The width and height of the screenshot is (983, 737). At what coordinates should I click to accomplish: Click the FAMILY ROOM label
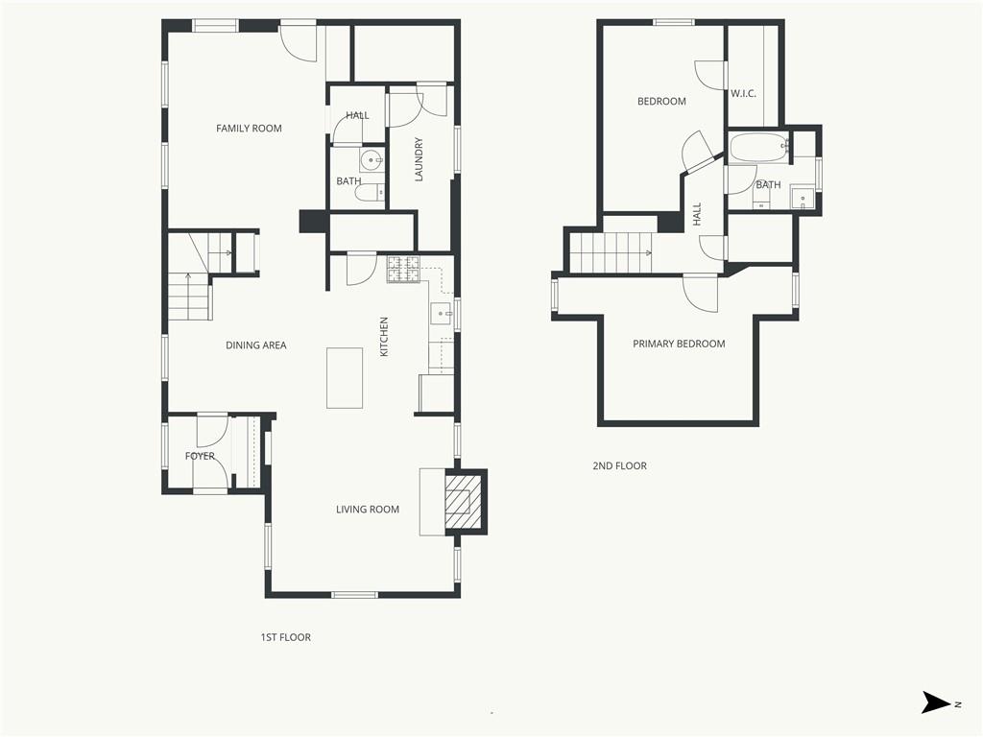249,129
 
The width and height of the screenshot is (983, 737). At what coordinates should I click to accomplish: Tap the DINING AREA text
255,345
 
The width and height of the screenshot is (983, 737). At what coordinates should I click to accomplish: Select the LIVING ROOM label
368,510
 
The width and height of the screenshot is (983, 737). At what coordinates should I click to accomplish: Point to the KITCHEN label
384,337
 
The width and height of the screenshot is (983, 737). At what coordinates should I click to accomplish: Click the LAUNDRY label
419,159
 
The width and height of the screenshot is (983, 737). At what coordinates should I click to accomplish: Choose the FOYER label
200,456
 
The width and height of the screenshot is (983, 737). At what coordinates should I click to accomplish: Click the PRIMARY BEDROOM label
679,345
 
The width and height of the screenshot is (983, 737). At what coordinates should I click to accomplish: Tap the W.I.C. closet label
744,94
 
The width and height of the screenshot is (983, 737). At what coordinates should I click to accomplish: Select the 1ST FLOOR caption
286,637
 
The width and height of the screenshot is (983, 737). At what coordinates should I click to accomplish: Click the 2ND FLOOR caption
619,465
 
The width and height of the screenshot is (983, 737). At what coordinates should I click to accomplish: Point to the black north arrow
935,702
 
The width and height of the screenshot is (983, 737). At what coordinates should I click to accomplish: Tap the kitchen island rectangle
345,378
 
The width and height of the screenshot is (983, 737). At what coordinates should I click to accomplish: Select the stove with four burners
403,270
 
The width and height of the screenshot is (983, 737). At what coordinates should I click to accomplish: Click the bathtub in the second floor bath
757,149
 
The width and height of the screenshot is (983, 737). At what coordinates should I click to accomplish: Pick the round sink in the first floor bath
372,160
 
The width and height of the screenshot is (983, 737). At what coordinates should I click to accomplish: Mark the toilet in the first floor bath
370,192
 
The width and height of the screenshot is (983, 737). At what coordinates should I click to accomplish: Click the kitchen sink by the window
441,313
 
